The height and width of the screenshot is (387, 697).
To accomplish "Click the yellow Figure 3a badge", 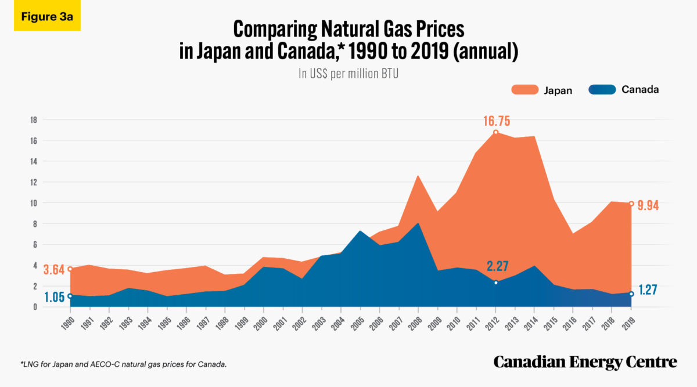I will tap(47, 16).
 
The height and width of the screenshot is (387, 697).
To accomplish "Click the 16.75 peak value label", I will tap(497, 121).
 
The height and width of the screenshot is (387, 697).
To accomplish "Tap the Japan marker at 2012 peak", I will tap(495, 132).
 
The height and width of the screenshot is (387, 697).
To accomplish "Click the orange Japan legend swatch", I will tap(525, 90).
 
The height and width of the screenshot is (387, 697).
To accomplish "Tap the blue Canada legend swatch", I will tap(602, 90).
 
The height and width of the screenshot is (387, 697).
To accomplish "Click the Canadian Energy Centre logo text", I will tap(585, 362).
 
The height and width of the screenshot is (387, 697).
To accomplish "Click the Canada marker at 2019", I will tap(631, 294).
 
